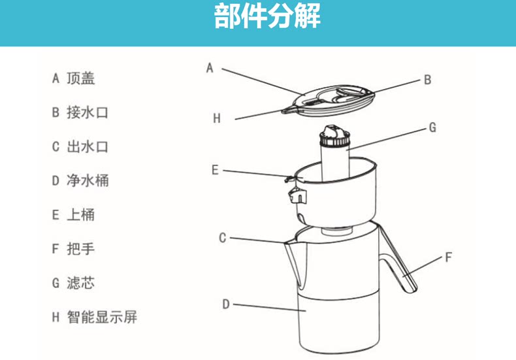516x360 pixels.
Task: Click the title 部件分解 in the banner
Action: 267,18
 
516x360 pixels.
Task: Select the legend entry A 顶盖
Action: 74,78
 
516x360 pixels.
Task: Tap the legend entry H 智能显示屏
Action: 94,318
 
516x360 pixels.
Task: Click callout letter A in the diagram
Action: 210,67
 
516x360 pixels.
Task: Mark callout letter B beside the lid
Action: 427,80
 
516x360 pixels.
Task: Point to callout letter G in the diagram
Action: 432,128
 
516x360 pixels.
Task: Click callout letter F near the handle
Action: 448,257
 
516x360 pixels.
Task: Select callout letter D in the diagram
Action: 225,304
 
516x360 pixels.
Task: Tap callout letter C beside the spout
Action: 222,238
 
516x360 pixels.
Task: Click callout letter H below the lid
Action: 217,119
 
